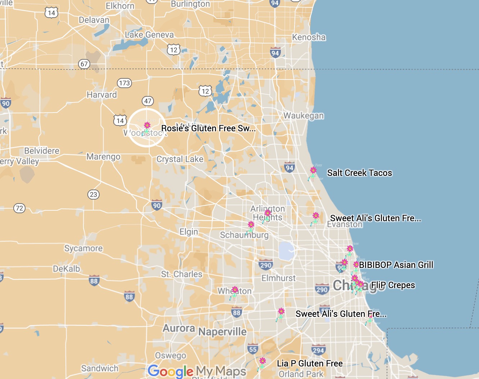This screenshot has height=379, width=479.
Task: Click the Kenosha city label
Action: (309, 37)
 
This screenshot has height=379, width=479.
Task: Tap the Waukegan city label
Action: (304, 115)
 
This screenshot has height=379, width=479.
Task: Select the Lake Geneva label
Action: (149, 35)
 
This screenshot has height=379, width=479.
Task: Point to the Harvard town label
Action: (102, 95)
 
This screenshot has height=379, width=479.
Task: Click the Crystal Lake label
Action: (180, 159)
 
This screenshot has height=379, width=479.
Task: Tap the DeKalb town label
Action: (67, 269)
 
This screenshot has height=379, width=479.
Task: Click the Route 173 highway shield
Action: (124, 83)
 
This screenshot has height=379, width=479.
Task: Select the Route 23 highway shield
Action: (93, 195)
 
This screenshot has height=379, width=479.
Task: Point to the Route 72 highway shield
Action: (19, 208)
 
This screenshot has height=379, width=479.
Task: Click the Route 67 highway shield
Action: (84, 64)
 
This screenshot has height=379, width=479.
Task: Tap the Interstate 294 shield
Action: (318, 350)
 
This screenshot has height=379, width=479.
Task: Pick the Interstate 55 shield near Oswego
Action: (253, 349)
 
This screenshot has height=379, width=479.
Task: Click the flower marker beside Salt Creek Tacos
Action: (313, 171)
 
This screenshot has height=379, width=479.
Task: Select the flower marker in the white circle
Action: (147, 126)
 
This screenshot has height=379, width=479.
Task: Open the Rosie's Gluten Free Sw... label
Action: (208, 128)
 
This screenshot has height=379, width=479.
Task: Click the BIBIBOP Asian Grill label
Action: (396, 265)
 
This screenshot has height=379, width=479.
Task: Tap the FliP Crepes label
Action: (393, 285)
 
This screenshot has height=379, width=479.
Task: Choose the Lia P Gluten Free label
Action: (310, 364)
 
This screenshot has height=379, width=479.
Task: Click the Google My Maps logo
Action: (197, 371)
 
